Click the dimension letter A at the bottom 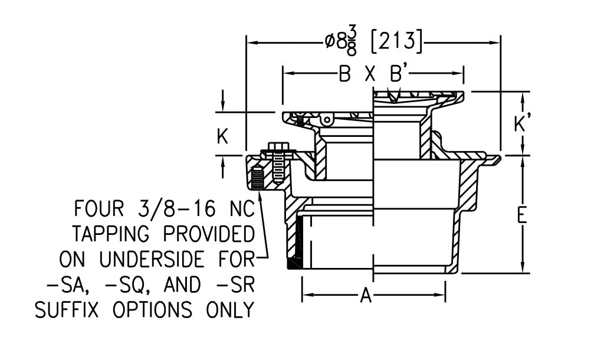(x=366, y=296)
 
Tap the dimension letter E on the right (x=521, y=215)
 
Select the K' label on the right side (x=520, y=125)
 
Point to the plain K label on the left (x=222, y=136)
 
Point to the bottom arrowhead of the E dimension (x=522, y=269)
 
